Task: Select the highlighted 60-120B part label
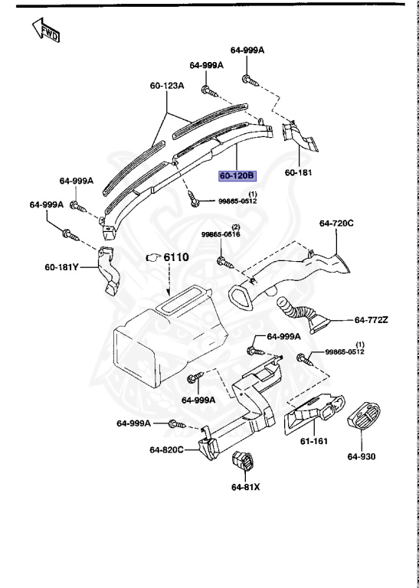click(x=237, y=176)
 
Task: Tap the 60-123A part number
click(x=167, y=87)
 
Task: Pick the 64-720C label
click(x=336, y=223)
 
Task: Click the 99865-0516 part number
click(x=221, y=235)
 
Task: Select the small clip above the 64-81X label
click(x=244, y=462)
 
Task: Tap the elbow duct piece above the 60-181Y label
click(x=110, y=272)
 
